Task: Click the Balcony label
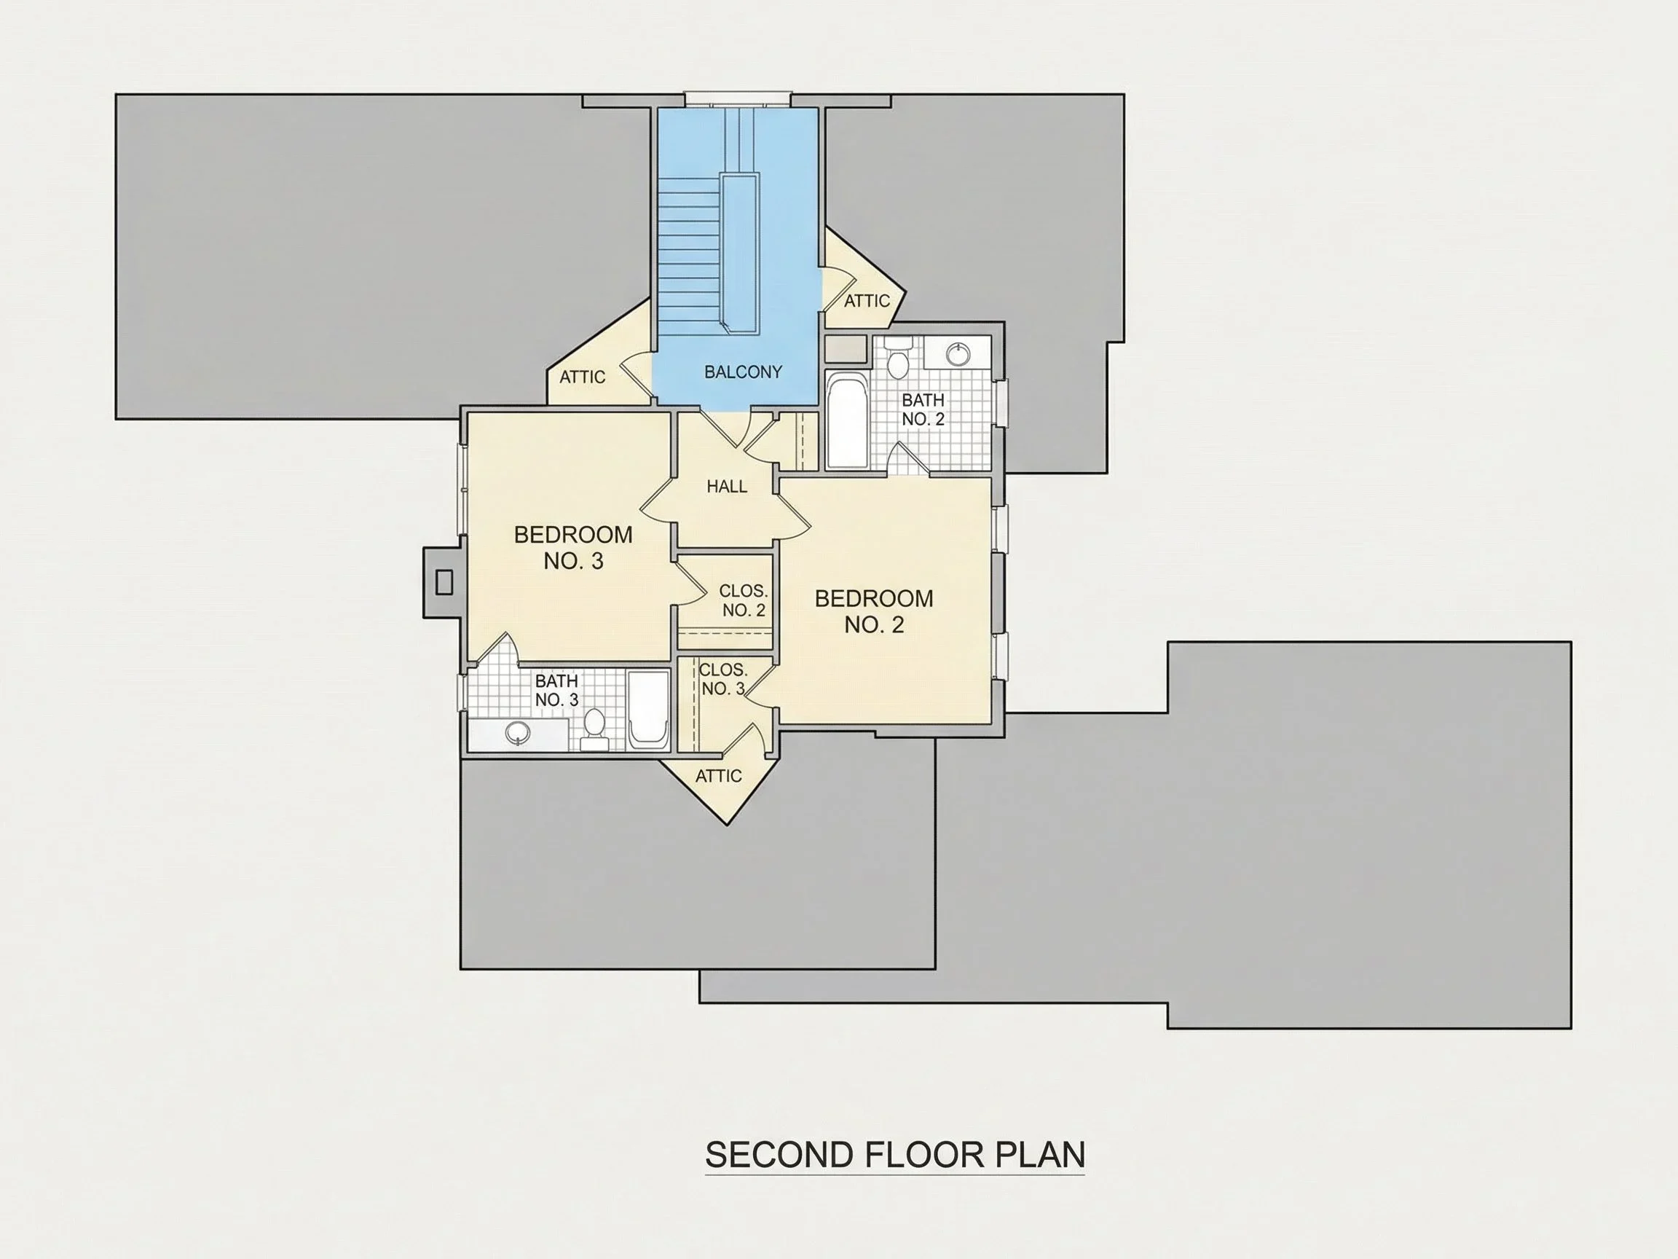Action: click(743, 372)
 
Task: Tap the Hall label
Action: click(727, 487)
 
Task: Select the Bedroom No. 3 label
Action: click(573, 547)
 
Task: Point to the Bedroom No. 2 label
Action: click(874, 611)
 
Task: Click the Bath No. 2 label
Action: click(923, 409)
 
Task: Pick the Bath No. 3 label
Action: click(557, 690)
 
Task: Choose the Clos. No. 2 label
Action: click(744, 600)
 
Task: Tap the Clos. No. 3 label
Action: click(723, 679)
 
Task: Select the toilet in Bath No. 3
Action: click(594, 729)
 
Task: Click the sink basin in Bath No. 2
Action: click(958, 353)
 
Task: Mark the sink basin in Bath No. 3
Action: click(518, 732)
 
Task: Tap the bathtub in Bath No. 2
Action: click(846, 420)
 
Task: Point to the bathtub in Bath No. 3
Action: click(649, 709)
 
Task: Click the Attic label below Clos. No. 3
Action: click(718, 776)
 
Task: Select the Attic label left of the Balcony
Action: click(583, 377)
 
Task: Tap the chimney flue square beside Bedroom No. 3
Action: click(444, 582)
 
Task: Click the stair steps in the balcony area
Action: click(688, 255)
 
